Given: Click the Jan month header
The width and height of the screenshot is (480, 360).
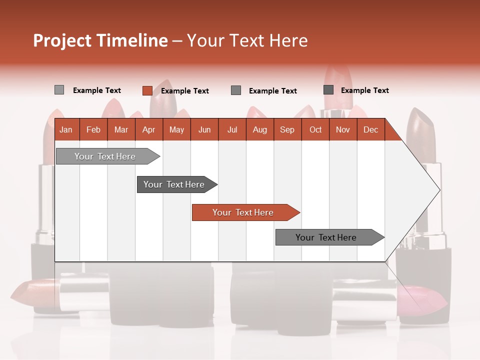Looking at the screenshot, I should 66,129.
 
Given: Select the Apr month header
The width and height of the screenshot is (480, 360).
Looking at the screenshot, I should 148,129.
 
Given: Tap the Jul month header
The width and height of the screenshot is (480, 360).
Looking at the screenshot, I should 232,129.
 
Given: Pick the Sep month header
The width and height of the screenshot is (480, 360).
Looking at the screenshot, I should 287,129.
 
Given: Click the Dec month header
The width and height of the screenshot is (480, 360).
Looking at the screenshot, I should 370,129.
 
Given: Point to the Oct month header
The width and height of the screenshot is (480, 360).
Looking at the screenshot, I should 315,129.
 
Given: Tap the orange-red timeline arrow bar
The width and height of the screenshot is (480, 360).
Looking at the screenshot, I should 244,212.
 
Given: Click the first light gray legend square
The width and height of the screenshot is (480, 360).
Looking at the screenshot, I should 59,90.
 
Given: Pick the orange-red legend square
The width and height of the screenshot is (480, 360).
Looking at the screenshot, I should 147,90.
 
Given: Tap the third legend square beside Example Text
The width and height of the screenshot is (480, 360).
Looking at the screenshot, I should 236,90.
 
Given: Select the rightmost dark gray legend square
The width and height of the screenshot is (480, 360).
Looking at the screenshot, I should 328,90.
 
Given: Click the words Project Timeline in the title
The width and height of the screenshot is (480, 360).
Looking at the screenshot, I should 100,40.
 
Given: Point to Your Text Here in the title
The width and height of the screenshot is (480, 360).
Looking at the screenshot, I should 247,40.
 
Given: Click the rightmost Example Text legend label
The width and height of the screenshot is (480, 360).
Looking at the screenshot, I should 364,90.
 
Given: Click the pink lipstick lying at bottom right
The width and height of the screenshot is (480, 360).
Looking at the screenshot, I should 425,297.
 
